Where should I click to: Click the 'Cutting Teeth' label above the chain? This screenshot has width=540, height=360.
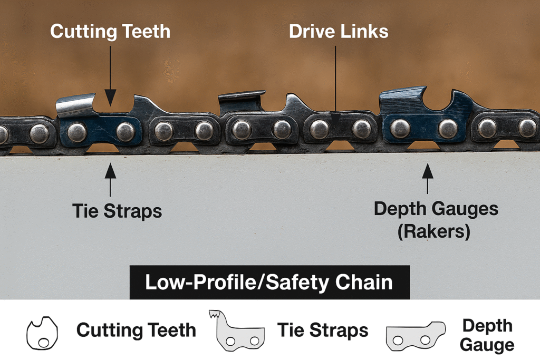point(110,31)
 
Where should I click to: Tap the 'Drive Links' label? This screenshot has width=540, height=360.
point(339,31)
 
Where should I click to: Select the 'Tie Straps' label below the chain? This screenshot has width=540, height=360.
point(117,211)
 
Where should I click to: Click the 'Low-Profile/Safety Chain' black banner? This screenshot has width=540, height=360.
point(269,283)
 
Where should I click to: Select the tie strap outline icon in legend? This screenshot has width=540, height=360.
point(240,331)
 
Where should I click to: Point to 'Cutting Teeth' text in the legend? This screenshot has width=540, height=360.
point(136,331)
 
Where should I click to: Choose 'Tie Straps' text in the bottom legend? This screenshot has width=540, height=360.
point(322,331)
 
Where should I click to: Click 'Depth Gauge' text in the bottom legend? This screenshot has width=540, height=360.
point(487,335)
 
